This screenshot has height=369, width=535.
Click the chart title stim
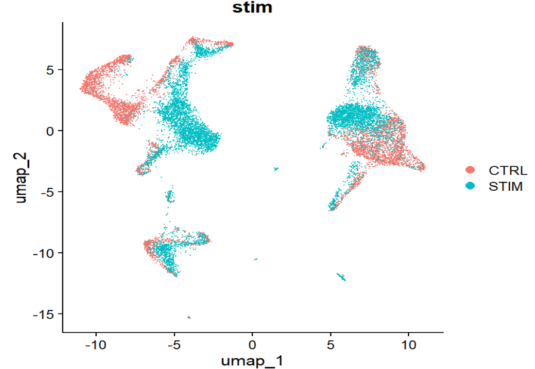pos(252,8)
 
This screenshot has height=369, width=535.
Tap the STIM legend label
pos(506,186)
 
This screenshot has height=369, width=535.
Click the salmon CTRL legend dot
pos(471,169)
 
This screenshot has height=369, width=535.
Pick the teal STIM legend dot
pos(471,186)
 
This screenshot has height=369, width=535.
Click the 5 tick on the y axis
pos(50,70)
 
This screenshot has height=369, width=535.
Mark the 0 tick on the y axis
pos(50,131)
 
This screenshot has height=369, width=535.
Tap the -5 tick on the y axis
pos(48,192)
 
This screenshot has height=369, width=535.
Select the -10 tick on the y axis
pos(45,253)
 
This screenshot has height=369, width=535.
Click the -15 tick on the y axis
pos(45,314)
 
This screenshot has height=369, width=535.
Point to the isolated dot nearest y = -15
pos(189,317)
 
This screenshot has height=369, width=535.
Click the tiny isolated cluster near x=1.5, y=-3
pos(276,169)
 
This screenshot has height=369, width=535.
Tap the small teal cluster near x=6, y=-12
pos(341,277)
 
